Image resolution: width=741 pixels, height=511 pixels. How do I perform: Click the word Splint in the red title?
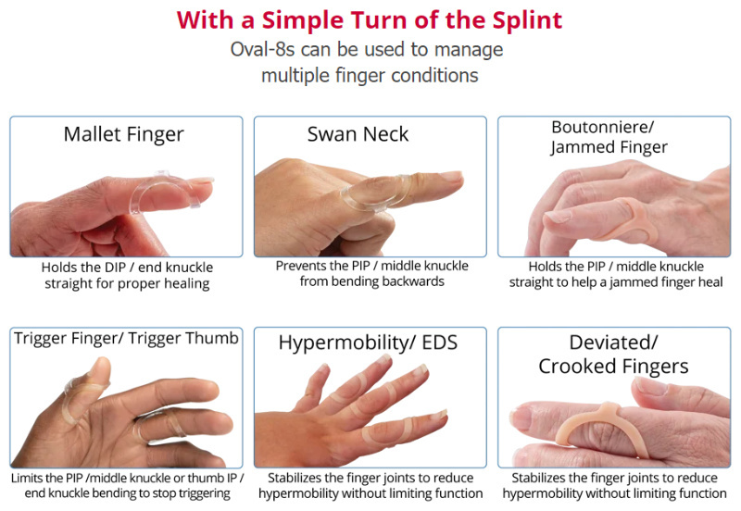(527, 21)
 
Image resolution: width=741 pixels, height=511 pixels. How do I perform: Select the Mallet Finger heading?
(124, 135)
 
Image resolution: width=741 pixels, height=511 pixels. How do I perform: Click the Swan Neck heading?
(358, 134)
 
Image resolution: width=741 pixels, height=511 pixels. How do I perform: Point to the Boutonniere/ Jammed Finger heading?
(609, 137)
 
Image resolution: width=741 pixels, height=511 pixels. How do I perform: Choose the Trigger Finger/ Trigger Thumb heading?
(126, 339)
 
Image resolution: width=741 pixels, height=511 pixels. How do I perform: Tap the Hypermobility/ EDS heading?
(368, 343)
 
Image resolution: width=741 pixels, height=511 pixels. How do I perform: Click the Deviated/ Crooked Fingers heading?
(613, 355)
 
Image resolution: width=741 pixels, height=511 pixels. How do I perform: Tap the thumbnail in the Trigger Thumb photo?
(101, 366)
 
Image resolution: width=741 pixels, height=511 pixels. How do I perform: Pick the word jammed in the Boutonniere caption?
(635, 283)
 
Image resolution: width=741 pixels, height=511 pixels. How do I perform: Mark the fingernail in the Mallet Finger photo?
(201, 181)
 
